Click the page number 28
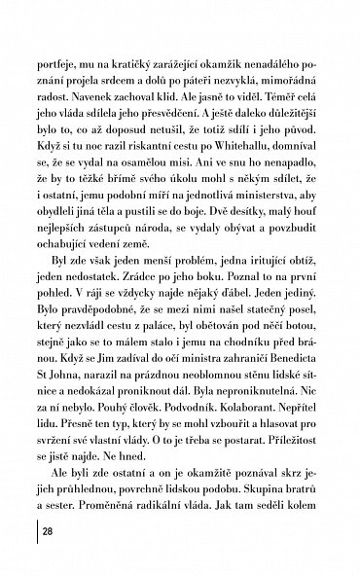point(47,532)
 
